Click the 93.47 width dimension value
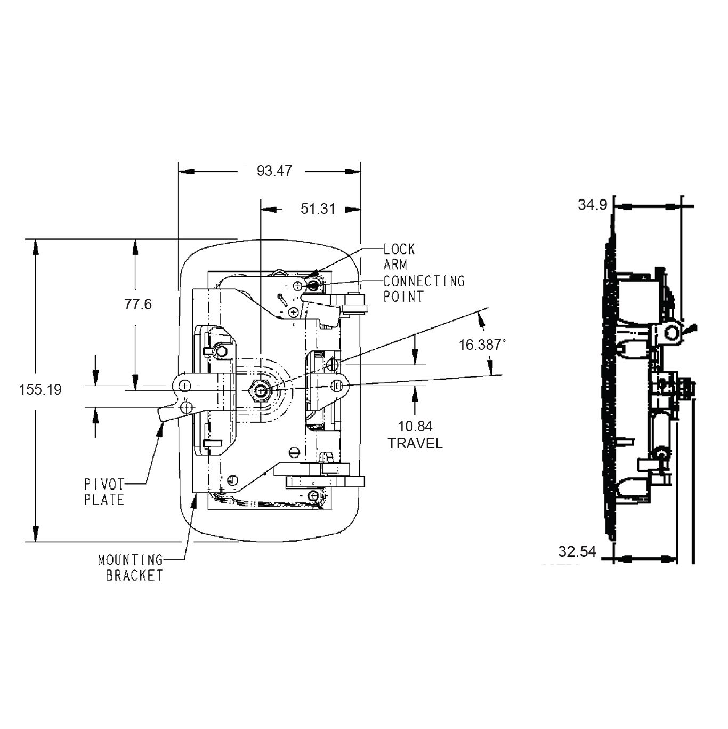274,171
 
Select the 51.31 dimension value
318,209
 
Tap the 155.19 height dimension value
40,389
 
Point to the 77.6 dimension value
138,304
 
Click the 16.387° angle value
482,345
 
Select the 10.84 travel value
415,426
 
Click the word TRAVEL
415,443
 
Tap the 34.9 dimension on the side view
592,205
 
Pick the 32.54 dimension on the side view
577,551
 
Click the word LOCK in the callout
399,249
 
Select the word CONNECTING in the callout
424,281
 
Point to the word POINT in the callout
403,297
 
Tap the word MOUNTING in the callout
131,560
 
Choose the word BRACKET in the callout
134,575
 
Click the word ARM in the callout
395,265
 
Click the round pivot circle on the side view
671,333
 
